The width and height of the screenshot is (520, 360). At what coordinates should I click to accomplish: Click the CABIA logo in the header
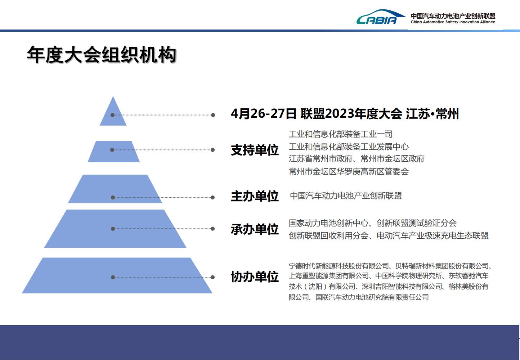(381, 17)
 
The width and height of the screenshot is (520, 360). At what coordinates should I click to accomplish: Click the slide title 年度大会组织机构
(102, 55)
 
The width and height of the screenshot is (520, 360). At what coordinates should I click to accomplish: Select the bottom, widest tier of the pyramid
(117, 275)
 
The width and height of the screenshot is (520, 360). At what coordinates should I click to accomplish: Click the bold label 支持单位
(255, 150)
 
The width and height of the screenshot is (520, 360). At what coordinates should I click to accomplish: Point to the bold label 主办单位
(255, 196)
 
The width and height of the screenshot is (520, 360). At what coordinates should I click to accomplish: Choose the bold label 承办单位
(255, 229)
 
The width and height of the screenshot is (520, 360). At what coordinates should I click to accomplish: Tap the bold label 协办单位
(255, 277)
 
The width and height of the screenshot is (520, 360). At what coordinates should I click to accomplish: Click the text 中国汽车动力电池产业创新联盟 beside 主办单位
(346, 196)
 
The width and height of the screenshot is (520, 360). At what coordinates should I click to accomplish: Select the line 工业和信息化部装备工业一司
(341, 134)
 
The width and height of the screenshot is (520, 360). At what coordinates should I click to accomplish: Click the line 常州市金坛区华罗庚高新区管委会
(349, 171)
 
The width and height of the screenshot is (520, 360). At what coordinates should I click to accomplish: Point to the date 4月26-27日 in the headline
(264, 114)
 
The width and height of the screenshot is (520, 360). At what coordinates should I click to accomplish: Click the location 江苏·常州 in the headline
(432, 114)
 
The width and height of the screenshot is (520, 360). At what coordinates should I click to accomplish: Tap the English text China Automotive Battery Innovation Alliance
(453, 22)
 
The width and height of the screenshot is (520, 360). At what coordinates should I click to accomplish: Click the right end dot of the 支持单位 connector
(212, 150)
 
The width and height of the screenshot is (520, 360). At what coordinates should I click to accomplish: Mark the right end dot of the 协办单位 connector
(212, 277)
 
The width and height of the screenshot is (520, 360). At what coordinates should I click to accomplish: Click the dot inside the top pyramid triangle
(113, 115)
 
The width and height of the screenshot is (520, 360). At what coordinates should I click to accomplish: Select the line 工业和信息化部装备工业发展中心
(349, 147)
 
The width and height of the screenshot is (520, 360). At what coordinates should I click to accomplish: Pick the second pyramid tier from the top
(114, 152)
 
